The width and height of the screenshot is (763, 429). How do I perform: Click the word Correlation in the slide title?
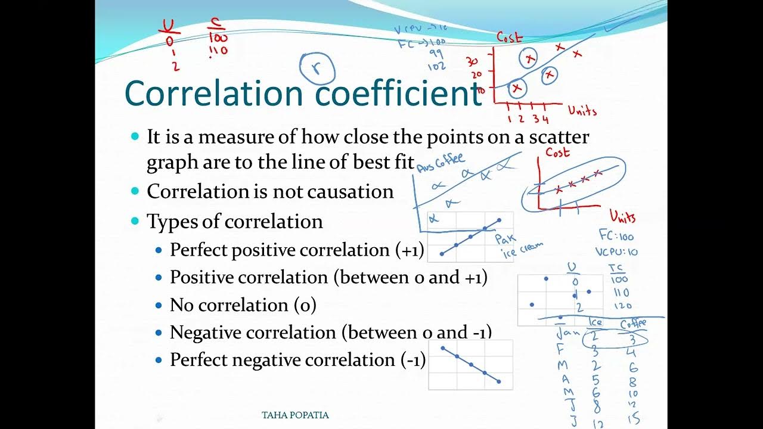pyautogui.click(x=214, y=94)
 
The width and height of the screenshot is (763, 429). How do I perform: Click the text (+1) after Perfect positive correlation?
pyautogui.click(x=410, y=250)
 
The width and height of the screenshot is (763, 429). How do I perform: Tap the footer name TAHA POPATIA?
pyautogui.click(x=295, y=415)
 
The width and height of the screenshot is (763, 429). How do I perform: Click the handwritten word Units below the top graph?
pyautogui.click(x=582, y=110)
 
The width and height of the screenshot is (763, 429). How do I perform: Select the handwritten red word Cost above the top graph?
pyautogui.click(x=510, y=37)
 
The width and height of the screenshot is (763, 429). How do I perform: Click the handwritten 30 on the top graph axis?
pyautogui.click(x=472, y=61)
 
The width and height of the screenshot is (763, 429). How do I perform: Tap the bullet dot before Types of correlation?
pyautogui.click(x=135, y=222)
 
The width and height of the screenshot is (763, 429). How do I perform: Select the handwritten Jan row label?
pyautogui.click(x=567, y=331)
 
